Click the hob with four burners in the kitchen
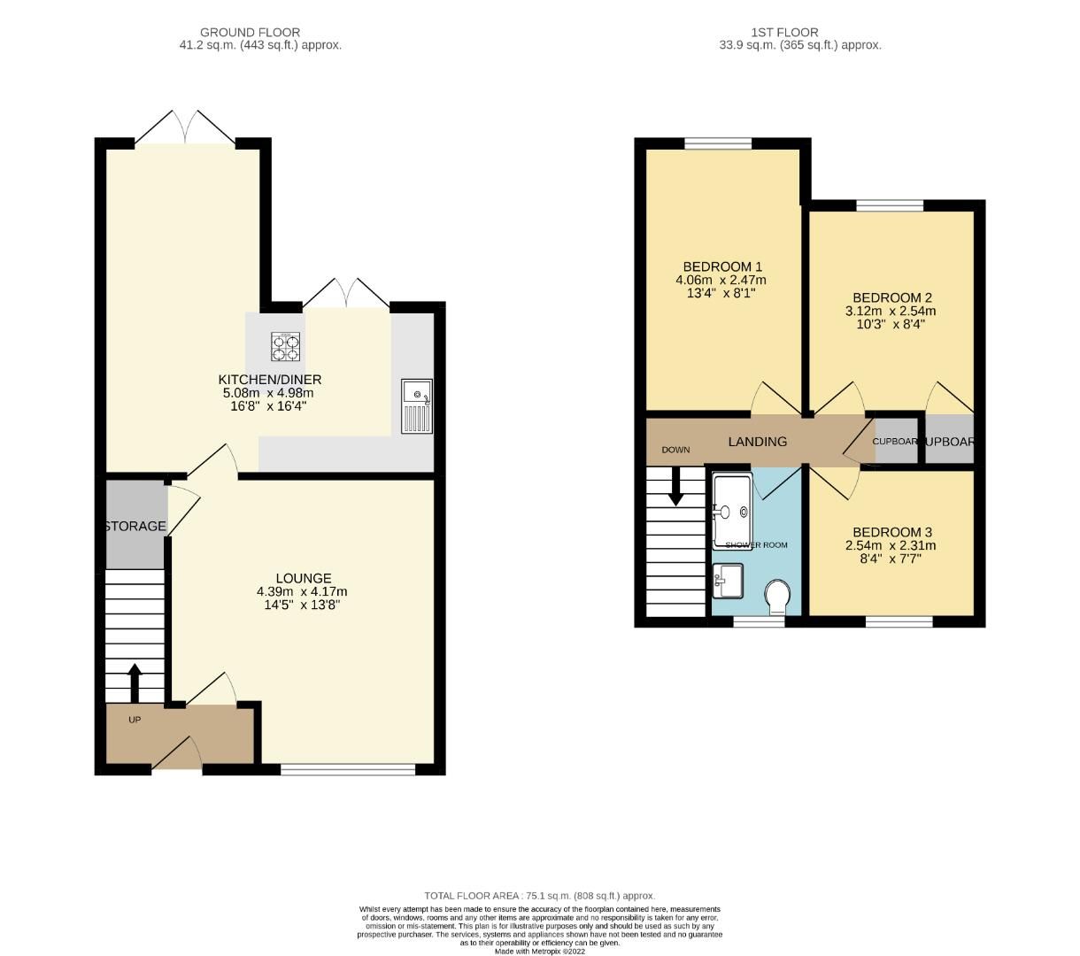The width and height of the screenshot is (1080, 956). pyautogui.click(x=284, y=346)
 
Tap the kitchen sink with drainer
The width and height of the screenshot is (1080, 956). pyautogui.click(x=416, y=405)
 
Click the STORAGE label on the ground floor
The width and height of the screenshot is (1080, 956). pyautogui.click(x=135, y=526)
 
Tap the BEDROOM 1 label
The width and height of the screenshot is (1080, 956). pyautogui.click(x=722, y=266)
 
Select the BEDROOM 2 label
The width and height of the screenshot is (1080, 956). pyautogui.click(x=891, y=297)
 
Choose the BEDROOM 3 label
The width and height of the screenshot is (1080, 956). pyautogui.click(x=891, y=532)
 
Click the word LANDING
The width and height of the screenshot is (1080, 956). pyautogui.click(x=757, y=442)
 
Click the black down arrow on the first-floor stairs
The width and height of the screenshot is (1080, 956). pyautogui.click(x=676, y=486)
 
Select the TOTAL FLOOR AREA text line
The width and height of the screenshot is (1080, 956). pyautogui.click(x=540, y=896)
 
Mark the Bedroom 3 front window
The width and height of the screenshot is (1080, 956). pyautogui.click(x=899, y=622)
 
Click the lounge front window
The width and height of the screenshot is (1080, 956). pyautogui.click(x=348, y=769)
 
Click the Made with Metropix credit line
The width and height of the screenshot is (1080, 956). pyautogui.click(x=540, y=952)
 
